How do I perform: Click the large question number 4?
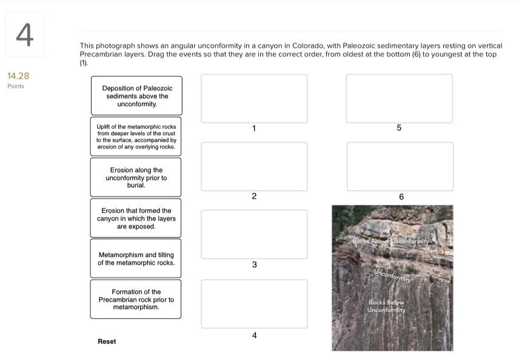(x=24, y=35)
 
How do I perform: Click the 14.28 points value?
(x=18, y=76)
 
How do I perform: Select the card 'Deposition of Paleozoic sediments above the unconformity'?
(x=136, y=96)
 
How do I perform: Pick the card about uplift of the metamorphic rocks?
(x=136, y=136)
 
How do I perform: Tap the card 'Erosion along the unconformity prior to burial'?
(x=136, y=178)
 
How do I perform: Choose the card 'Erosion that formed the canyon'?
(x=136, y=218)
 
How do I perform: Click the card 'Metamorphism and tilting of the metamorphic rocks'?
(x=136, y=259)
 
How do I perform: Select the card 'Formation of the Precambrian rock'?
(x=136, y=299)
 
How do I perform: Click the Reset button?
(x=107, y=342)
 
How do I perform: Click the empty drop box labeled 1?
(x=254, y=98)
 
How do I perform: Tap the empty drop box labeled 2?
(x=254, y=166)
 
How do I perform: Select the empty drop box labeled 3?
(x=254, y=234)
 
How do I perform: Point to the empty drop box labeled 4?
(x=254, y=304)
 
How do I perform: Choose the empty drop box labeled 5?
(x=399, y=98)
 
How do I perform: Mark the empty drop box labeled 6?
(x=400, y=166)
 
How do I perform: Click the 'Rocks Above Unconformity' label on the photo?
(x=391, y=241)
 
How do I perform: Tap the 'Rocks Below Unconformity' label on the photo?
(x=386, y=306)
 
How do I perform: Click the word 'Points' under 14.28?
(x=16, y=86)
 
